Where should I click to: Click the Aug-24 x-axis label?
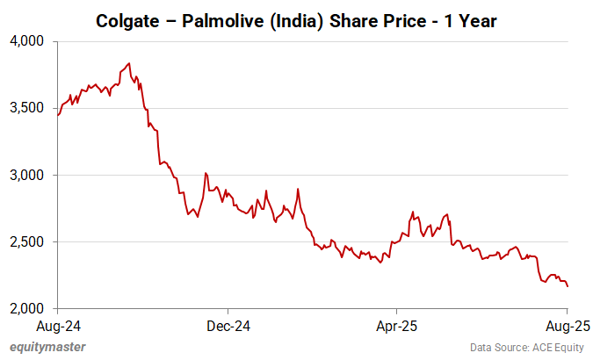[58, 325]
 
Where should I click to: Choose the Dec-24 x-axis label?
[228, 325]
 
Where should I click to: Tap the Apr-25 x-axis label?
[396, 325]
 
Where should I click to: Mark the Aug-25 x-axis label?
[567, 325]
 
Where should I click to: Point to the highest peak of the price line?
[129, 63]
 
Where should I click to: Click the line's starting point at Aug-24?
[58, 115]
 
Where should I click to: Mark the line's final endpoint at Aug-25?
[568, 286]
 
